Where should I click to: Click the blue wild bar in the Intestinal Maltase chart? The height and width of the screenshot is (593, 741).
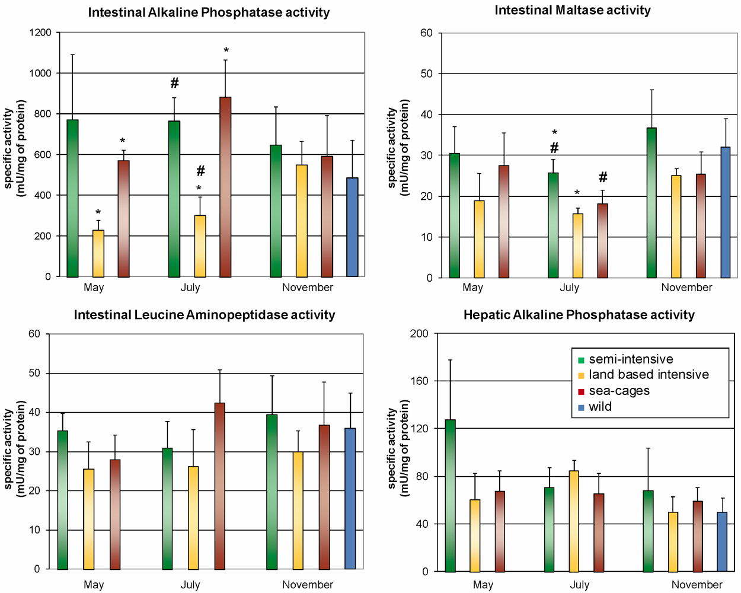pyautogui.click(x=725, y=212)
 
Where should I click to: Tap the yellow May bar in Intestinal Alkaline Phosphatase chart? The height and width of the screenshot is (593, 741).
pyautogui.click(x=98, y=253)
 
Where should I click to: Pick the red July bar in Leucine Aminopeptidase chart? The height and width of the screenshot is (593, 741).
pyautogui.click(x=220, y=486)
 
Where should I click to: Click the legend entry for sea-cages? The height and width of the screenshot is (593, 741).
pyautogui.click(x=619, y=391)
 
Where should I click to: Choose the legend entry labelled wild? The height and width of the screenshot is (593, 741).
pyautogui.click(x=600, y=407)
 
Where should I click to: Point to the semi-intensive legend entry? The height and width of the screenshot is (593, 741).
pyautogui.click(x=631, y=359)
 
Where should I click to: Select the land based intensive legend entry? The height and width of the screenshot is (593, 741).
pyautogui.click(x=649, y=375)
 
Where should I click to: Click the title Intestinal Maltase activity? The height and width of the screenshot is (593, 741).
pyautogui.click(x=573, y=10)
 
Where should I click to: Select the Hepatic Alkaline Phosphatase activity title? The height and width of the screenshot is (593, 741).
pyautogui.click(x=579, y=315)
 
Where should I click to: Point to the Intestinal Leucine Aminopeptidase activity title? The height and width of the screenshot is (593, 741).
pyautogui.click(x=204, y=315)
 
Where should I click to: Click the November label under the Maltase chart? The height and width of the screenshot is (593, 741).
pyautogui.click(x=686, y=288)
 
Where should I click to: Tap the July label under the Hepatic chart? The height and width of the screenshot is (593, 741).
pyautogui.click(x=579, y=585)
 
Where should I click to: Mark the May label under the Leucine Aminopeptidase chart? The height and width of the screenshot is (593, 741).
pyautogui.click(x=94, y=585)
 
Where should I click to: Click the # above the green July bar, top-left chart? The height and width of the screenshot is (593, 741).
pyautogui.click(x=174, y=84)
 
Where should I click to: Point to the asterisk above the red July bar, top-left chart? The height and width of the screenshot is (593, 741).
pyautogui.click(x=226, y=51)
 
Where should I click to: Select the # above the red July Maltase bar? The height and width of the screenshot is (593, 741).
pyautogui.click(x=603, y=177)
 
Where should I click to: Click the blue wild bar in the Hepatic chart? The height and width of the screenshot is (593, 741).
pyautogui.click(x=721, y=542)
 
